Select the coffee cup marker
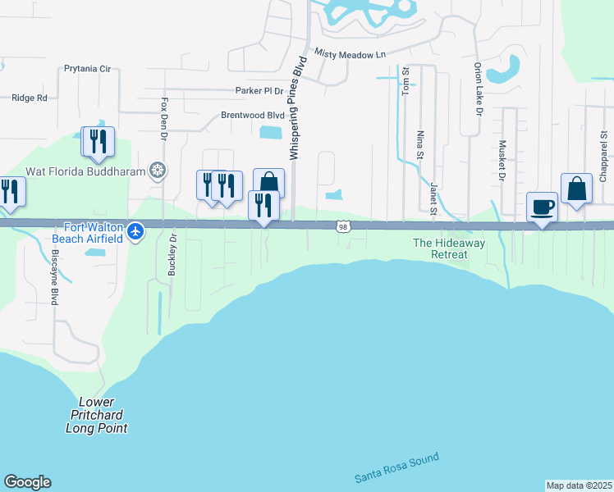pos(542,207)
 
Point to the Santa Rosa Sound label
pos(397,467)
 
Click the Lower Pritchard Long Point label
pos(97,415)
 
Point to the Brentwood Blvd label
pos(253,116)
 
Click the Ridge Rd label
pos(30,98)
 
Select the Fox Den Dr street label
pos(165,118)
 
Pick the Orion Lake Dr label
pos(477,89)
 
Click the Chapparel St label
pos(603,155)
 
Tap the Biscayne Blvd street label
pos(55,280)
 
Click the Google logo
pos(27,482)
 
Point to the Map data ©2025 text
pos(580,485)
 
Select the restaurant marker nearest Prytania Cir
pos(98,142)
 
